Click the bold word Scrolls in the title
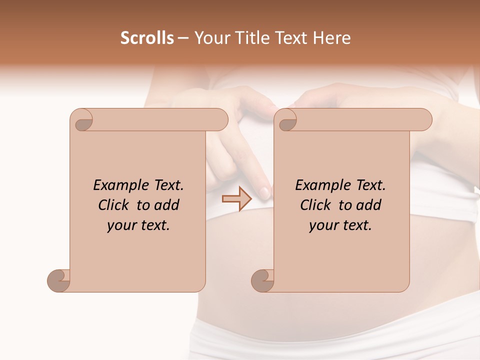coord(147,38)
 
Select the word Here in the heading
coord(332,38)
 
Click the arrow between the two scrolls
coord(237,199)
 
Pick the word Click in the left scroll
coord(114,205)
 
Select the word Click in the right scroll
coord(316,205)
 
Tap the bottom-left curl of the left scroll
coord(58,280)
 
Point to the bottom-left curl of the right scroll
coord(262,280)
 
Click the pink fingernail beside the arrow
coord(264,191)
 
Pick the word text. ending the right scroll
coord(355,225)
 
